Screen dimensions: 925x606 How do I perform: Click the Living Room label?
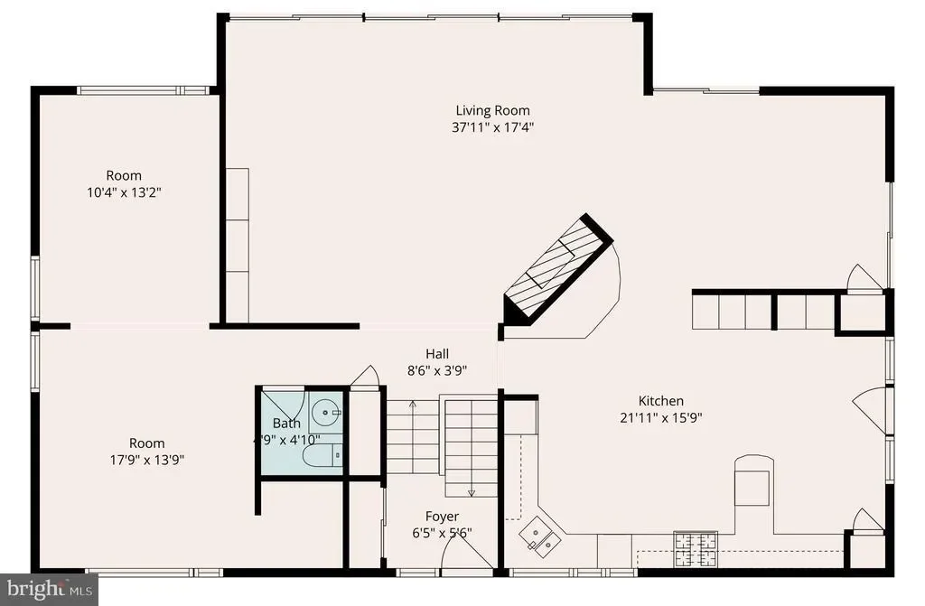click(x=492, y=110)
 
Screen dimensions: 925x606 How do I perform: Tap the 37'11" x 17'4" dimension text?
click(x=492, y=126)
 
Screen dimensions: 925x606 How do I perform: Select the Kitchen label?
click(x=661, y=401)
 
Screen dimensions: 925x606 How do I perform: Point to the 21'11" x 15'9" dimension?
click(x=660, y=418)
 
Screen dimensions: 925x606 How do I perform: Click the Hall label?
click(x=437, y=353)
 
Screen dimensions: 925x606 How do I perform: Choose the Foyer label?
click(x=442, y=517)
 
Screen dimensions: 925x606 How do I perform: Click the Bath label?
click(x=286, y=423)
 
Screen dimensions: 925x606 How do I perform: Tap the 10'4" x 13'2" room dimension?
click(x=124, y=192)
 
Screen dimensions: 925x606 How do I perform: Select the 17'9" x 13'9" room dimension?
click(x=147, y=460)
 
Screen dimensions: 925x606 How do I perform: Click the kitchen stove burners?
click(x=696, y=549)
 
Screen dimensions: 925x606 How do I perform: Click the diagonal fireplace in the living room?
click(x=558, y=269)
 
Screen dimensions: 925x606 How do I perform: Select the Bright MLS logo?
click(x=49, y=589)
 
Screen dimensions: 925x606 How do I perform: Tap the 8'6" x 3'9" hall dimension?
click(x=437, y=371)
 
